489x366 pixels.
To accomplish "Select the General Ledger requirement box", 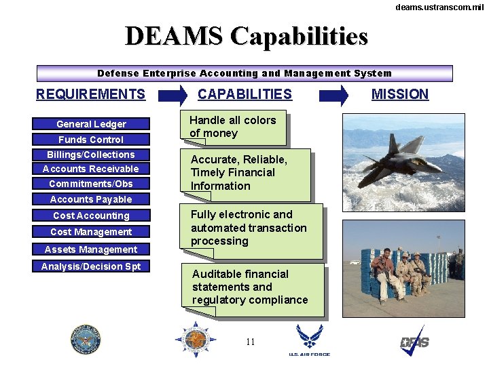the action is click(x=91, y=124).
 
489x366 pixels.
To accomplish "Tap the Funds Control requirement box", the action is click(x=91, y=140).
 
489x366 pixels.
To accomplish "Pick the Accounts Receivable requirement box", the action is click(x=91, y=169).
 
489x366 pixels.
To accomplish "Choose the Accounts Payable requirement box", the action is click(x=91, y=199).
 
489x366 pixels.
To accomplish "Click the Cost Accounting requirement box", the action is click(x=91, y=216).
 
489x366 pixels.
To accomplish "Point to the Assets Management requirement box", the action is click(x=91, y=249).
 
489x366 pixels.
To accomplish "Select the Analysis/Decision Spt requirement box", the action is click(x=91, y=266).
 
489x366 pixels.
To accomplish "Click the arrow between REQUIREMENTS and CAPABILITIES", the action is click(x=173, y=96).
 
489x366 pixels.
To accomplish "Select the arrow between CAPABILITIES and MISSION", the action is click(x=333, y=96).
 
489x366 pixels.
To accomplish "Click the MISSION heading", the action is click(x=400, y=94).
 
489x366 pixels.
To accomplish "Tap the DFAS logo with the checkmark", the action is click(x=414, y=341).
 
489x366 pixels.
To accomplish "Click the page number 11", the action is click(x=250, y=342).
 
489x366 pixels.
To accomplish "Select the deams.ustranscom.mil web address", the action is click(x=439, y=7).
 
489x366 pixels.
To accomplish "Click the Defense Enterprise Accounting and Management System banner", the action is click(x=244, y=73).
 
